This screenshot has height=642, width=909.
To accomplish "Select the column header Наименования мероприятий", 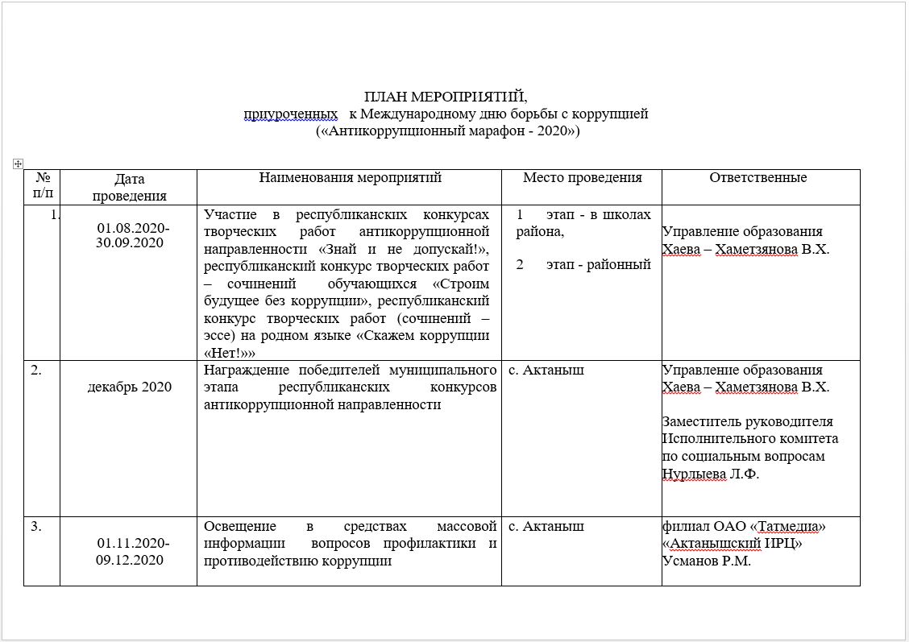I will coord(350,178).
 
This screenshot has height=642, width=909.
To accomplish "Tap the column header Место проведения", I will coord(582,178).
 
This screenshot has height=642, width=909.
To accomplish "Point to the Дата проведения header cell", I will coord(129,187).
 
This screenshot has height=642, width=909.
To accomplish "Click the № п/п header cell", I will coord(42,186).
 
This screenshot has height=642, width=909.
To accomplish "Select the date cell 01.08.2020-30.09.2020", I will coord(133,235).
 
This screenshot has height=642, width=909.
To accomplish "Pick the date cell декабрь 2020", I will coord(130,387).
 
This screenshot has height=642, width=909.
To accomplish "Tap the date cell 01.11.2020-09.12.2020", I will coord(133,552).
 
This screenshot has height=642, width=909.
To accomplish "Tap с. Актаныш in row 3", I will coord(546,527).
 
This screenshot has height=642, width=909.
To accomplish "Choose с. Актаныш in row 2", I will coord(546,371).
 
